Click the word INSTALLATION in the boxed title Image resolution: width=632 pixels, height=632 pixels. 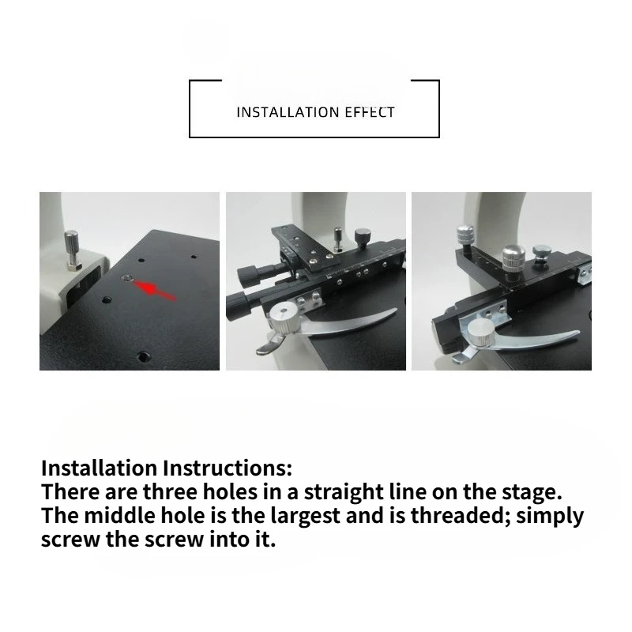[x=288, y=112]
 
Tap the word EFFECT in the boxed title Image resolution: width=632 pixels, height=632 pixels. [x=370, y=112]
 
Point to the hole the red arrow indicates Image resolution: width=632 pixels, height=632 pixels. [x=127, y=278]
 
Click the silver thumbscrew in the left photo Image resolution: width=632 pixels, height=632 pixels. [x=72, y=250]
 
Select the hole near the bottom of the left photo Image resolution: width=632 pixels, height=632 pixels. [x=144, y=356]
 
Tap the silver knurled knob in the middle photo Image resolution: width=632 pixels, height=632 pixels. [x=284, y=318]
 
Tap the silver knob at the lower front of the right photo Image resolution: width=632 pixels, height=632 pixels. [x=481, y=333]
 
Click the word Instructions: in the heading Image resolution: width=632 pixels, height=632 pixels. [x=228, y=468]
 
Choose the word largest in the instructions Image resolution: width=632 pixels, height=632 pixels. [x=305, y=517]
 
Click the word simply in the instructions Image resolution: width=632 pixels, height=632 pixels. [x=550, y=517]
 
